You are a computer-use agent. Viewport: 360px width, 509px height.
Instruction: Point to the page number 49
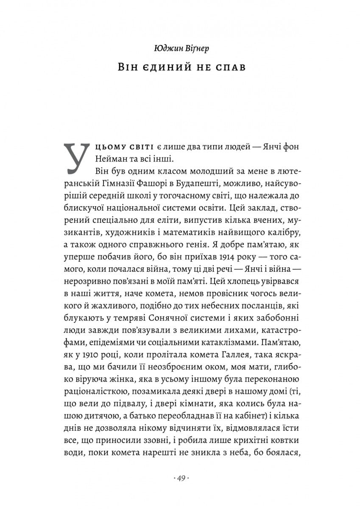pos(180,478)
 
